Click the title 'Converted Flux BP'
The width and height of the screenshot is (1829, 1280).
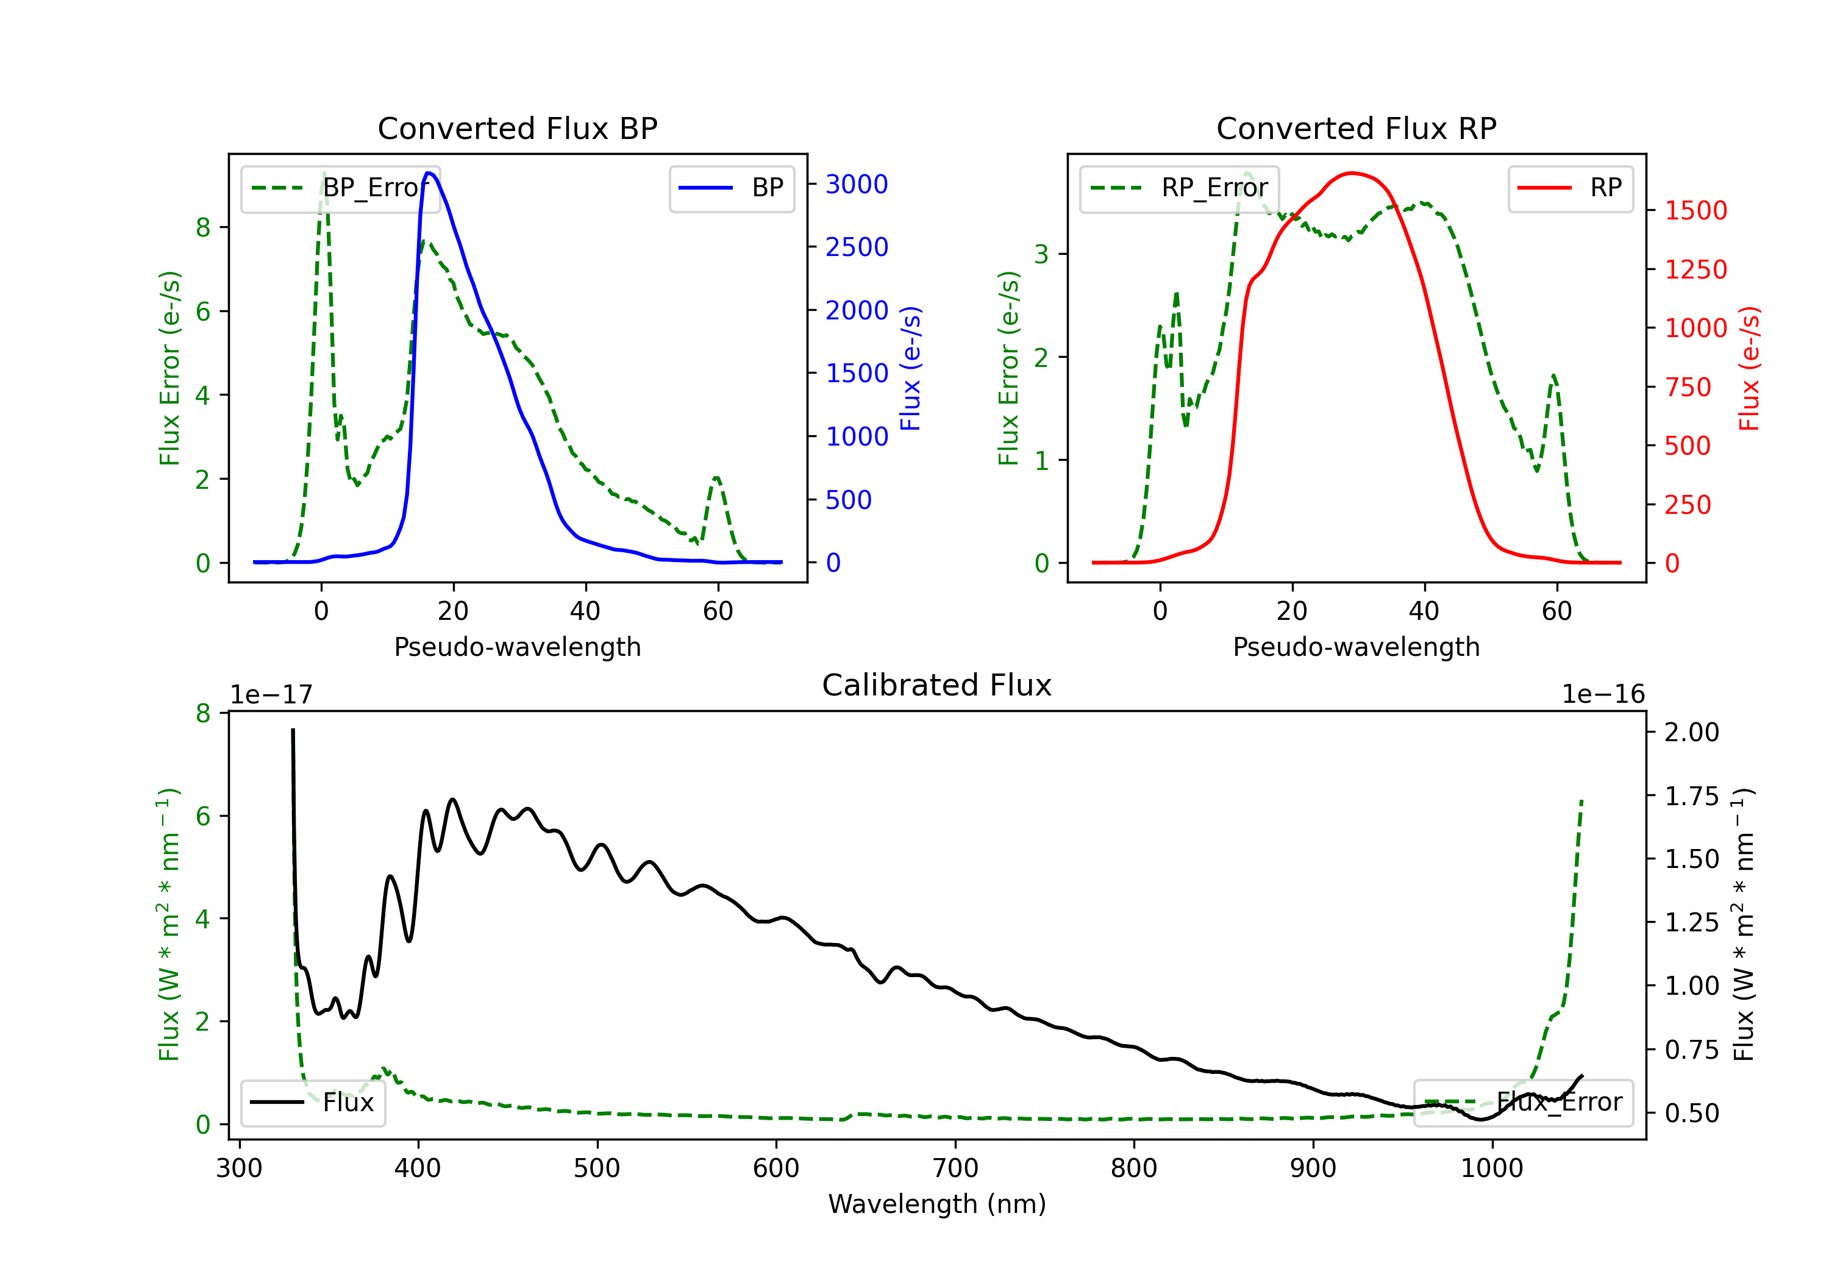click(517, 128)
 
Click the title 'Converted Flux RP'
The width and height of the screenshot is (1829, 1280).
click(1356, 128)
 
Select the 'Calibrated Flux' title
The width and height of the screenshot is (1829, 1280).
click(937, 685)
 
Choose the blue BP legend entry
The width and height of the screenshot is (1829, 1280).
click(731, 188)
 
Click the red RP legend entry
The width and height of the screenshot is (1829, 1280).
click(1570, 188)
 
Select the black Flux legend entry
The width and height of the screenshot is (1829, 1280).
click(312, 1103)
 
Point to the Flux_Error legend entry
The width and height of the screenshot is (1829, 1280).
click(1523, 1103)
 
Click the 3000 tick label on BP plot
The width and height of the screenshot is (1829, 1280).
click(857, 185)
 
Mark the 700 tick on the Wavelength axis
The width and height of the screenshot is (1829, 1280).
click(955, 1168)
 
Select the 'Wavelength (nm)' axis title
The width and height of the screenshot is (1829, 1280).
click(937, 1204)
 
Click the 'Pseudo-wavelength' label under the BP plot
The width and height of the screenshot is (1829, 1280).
click(518, 647)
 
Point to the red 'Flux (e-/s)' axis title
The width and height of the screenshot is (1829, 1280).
click(1749, 369)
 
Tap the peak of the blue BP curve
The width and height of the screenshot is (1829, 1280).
click(429, 173)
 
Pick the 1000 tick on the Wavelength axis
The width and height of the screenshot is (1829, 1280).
click(1492, 1168)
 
